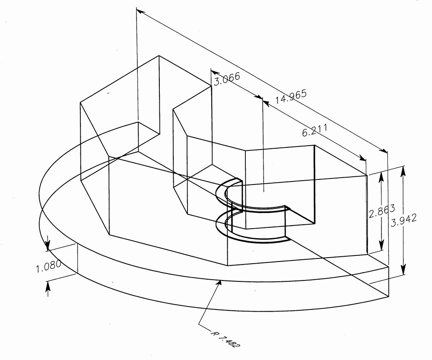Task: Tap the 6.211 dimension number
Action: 314,131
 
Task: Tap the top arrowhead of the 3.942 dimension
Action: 403,169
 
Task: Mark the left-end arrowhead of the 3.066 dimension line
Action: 213,70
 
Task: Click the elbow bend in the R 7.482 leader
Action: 200,323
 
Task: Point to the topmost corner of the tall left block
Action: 159,56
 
